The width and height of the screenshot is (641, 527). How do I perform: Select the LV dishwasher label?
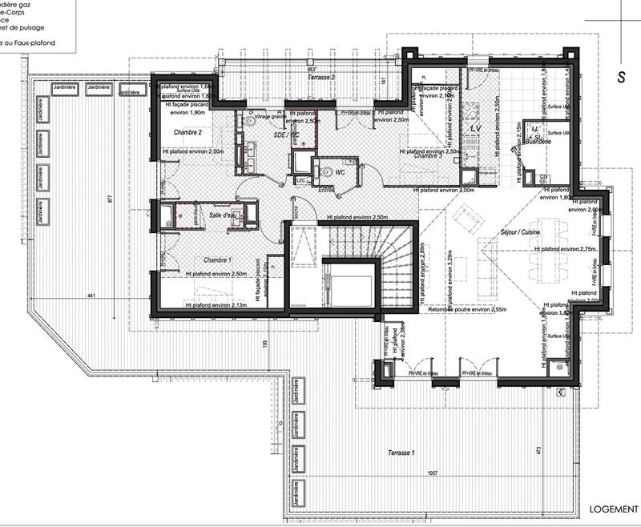click(474, 129)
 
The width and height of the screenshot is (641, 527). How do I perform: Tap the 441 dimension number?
click(92, 297)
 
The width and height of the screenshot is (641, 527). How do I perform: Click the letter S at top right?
click(620, 77)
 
